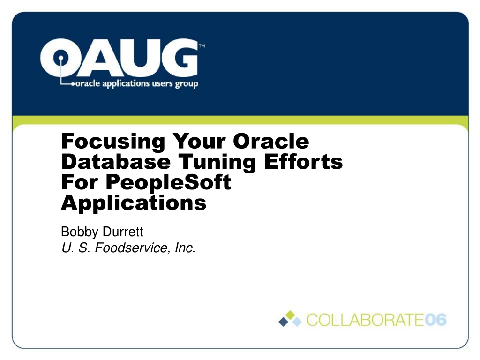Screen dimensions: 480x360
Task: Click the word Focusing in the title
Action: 113,142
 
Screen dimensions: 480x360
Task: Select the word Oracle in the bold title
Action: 271,141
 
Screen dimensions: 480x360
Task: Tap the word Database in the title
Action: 116,161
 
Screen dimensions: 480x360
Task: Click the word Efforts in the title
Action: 303,161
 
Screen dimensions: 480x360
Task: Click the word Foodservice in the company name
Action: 132,247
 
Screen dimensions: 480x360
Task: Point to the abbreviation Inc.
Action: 185,247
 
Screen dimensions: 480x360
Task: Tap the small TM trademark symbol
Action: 202,46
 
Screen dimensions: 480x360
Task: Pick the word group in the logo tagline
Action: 187,84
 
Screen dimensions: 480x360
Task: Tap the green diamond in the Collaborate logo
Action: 290,315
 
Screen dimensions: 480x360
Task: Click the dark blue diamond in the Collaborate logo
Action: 284,322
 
